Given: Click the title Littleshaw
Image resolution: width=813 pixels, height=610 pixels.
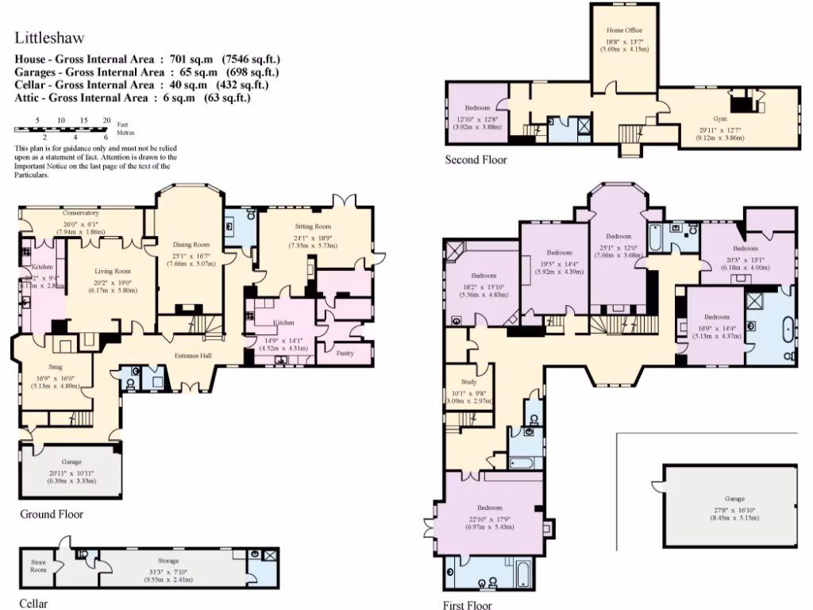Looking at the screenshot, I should pyautogui.click(x=49, y=37).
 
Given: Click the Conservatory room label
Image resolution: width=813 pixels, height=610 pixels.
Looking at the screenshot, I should pyautogui.click(x=81, y=213).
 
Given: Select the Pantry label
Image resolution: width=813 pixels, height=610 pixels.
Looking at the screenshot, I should pyautogui.click(x=345, y=353).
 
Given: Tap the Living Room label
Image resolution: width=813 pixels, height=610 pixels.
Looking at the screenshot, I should pyautogui.click(x=113, y=271).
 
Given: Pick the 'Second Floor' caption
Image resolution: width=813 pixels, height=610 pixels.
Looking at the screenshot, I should pyautogui.click(x=476, y=160).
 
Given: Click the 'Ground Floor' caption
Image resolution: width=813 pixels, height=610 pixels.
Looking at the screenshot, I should pyautogui.click(x=52, y=514).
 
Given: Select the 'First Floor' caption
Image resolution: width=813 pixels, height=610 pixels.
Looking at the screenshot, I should pyautogui.click(x=468, y=604).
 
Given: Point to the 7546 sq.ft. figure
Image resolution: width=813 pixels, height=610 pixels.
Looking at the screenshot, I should pyautogui.click(x=252, y=60).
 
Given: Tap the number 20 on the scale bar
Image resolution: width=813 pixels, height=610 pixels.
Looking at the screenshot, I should pyautogui.click(x=106, y=120).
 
